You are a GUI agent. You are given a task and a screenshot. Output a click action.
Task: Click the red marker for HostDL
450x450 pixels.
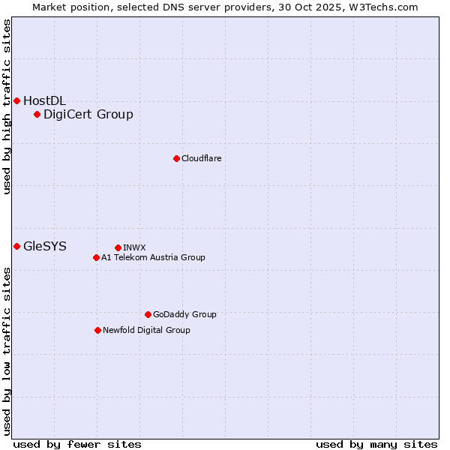(x=16, y=100)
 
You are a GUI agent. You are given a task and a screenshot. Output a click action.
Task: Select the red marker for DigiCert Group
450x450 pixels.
(x=37, y=114)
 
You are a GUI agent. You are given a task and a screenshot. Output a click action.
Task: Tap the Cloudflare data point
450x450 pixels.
(x=176, y=158)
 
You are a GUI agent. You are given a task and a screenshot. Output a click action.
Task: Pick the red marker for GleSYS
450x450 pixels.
(x=16, y=246)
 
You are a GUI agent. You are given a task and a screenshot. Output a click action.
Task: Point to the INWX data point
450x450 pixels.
(x=118, y=247)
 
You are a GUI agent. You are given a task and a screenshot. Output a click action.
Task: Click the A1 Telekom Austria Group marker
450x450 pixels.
(x=96, y=257)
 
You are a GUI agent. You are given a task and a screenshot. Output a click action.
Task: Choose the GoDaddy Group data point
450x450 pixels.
(x=148, y=314)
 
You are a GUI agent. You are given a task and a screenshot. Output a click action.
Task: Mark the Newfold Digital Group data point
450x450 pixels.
(x=97, y=330)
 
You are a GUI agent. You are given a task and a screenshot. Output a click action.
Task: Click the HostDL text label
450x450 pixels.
(x=45, y=100)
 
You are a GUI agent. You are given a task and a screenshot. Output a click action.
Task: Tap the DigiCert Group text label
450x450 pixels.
(x=88, y=114)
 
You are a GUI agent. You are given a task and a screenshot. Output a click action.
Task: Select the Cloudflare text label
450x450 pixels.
(x=201, y=158)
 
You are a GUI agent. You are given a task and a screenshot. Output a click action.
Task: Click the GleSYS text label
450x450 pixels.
(x=45, y=246)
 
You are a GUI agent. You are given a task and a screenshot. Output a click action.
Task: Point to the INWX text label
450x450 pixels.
(x=134, y=247)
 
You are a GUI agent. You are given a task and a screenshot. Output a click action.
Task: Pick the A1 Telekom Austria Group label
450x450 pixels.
(x=153, y=257)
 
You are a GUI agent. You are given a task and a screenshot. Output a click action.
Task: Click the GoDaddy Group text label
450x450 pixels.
(x=184, y=314)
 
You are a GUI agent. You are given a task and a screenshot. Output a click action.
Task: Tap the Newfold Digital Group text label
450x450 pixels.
(x=146, y=330)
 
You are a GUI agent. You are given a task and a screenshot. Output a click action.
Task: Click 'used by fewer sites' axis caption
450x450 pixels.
(x=77, y=444)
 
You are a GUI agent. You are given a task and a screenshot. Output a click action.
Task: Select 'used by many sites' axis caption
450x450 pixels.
(x=376, y=444)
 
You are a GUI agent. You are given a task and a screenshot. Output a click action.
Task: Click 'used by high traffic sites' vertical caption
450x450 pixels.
(x=7, y=106)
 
